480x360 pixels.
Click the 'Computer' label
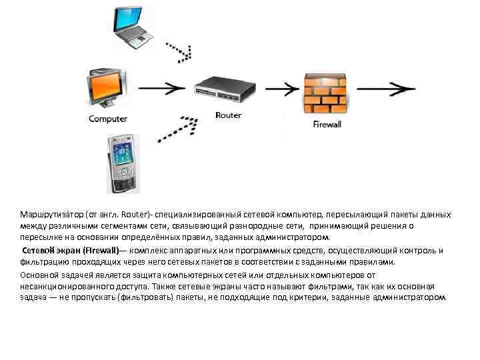click(108, 119)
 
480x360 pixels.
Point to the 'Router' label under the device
click(229, 115)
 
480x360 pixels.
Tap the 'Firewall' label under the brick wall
click(327, 124)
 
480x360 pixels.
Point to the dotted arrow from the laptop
click(181, 51)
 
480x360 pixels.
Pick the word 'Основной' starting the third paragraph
click(39, 275)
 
